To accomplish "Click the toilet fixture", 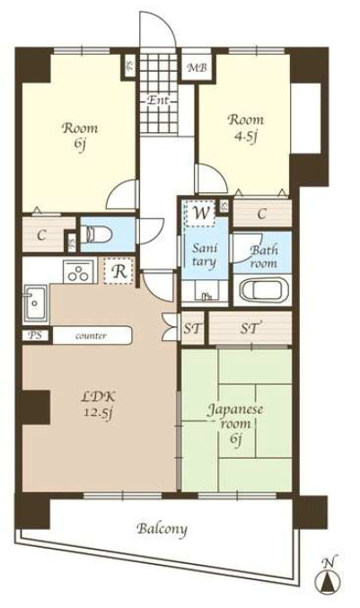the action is click(x=96, y=234).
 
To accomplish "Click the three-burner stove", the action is click(x=80, y=271).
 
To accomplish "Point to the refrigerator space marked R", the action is click(x=119, y=271).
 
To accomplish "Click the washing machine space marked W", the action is click(x=200, y=213).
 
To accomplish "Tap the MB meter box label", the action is click(x=198, y=68).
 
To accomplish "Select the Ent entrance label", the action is click(x=159, y=101).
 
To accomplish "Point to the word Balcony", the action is click(x=162, y=529).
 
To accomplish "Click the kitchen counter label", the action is click(x=91, y=336).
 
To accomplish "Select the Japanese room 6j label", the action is click(x=235, y=423).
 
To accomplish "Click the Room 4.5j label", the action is click(x=246, y=128).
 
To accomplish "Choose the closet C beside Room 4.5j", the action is click(x=262, y=213).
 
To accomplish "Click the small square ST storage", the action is click(x=193, y=329).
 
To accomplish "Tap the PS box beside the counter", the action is click(x=36, y=335).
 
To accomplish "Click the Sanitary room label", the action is click(x=205, y=256).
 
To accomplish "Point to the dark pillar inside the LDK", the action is click(x=36, y=407).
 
